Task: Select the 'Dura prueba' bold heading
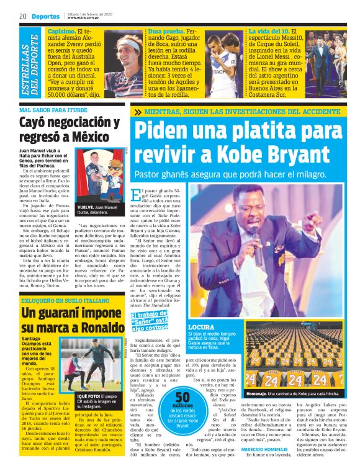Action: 163,31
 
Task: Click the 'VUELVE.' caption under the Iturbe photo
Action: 86,208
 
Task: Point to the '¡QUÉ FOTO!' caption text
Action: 91,395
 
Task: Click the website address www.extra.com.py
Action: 84,18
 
